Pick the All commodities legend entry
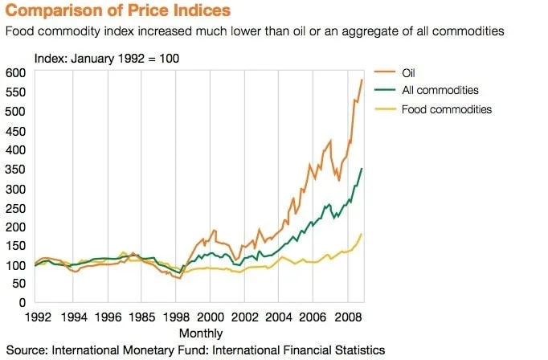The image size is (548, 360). coord(440,91)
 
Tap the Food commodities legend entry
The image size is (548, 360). coord(446,109)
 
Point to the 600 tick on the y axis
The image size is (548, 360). coord(16,72)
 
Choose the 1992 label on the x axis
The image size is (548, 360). coord(39,317)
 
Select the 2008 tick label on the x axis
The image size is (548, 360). coord(347,317)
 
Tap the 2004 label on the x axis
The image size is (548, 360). coord(279,317)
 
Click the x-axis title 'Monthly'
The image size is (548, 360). coord(201,333)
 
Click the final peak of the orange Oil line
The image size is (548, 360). coord(362,80)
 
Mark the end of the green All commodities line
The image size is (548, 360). coord(362,168)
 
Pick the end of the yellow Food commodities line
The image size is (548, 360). coord(362,234)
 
